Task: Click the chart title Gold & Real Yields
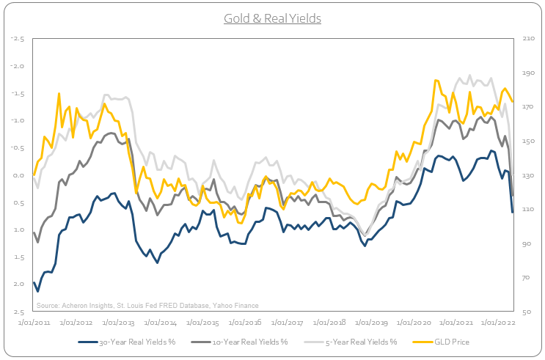[272, 17]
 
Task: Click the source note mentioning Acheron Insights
[147, 306]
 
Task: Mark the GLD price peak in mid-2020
[436, 80]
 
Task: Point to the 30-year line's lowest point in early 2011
[38, 291]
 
